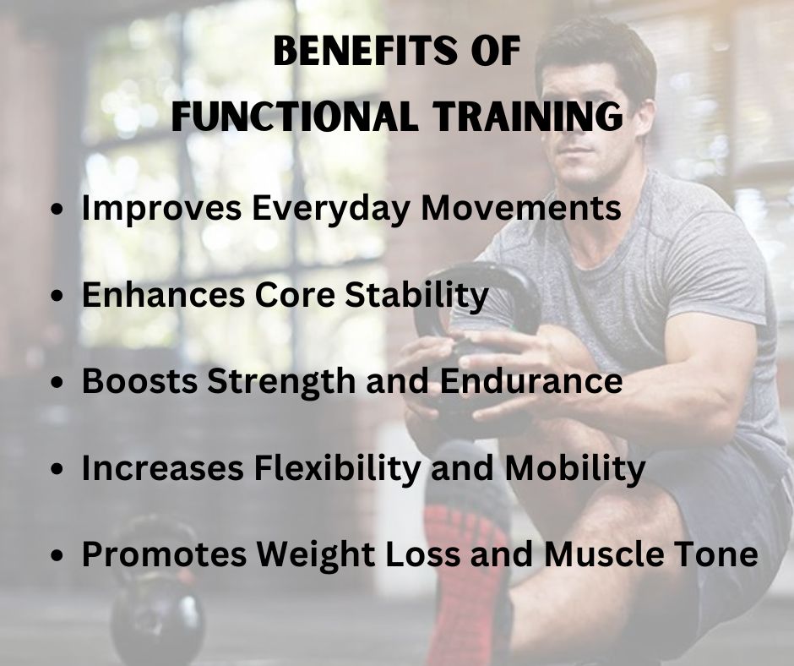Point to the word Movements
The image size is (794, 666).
coord(521,207)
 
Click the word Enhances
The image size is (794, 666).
coord(163,294)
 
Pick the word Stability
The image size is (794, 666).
coord(416,296)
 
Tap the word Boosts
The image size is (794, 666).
coord(139,380)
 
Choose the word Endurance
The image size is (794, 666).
coord(531,380)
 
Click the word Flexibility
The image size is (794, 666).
coord(337,469)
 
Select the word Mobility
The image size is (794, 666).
coord(574,469)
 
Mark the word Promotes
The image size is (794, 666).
coord(164,554)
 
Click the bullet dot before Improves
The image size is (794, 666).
coord(59,209)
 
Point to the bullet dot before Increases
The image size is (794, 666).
coord(59,469)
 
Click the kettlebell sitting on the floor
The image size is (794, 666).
coord(157,598)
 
